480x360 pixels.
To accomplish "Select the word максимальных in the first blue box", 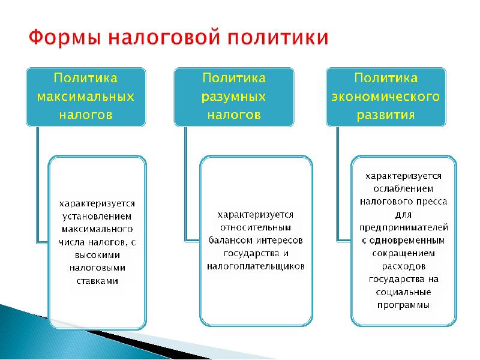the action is pos(85,96).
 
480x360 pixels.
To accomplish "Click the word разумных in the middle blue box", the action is pos(234,96).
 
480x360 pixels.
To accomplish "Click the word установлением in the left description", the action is pos(97,217).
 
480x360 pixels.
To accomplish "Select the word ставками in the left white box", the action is pos(97,280).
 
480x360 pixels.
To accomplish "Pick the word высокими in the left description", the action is pos(97,254).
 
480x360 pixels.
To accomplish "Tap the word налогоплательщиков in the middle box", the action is pos(256,265).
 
